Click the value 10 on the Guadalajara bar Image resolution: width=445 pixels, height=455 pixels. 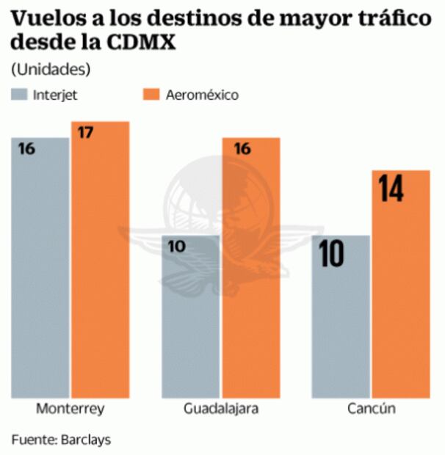[x=178, y=247]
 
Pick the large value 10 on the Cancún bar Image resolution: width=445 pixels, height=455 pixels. [x=333, y=255]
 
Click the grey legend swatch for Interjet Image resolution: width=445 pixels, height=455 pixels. [x=20, y=95]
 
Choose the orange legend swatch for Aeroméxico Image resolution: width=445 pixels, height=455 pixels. [x=151, y=95]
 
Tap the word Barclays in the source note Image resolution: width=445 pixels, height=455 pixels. [x=84, y=440]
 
